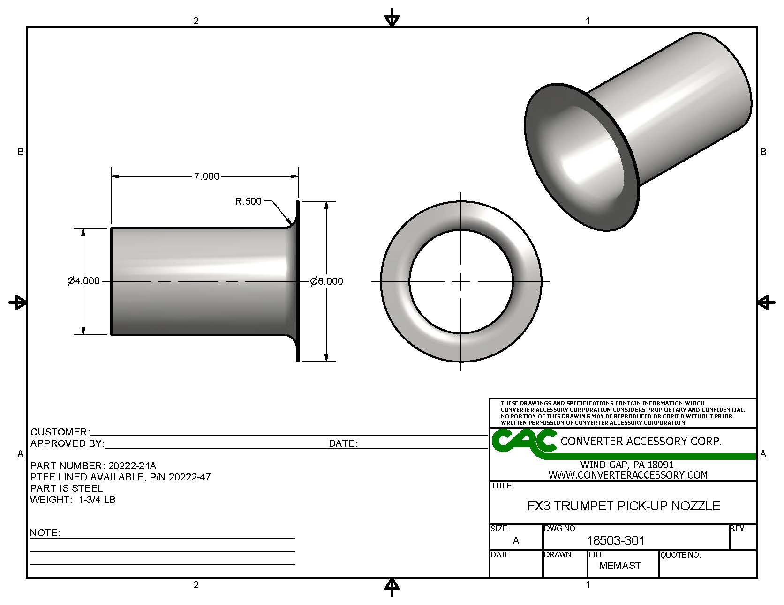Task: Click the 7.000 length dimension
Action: [206, 177]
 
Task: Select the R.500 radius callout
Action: [248, 201]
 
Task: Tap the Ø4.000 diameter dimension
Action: [83, 281]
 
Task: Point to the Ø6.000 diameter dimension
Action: [326, 281]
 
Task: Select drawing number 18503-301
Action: [616, 541]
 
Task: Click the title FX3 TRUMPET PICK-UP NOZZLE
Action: [624, 506]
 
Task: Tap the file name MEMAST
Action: [620, 566]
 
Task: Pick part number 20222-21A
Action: [132, 466]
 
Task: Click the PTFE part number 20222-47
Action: [189, 477]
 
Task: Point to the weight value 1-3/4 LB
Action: [97, 500]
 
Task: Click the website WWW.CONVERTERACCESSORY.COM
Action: [628, 475]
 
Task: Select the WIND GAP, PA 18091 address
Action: [627, 465]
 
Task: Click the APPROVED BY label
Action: [67, 443]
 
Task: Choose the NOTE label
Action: [45, 533]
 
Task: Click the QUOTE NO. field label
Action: [681, 555]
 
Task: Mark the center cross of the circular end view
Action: [461, 281]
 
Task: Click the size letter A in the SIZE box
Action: [516, 541]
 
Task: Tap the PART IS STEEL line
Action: [66, 488]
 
